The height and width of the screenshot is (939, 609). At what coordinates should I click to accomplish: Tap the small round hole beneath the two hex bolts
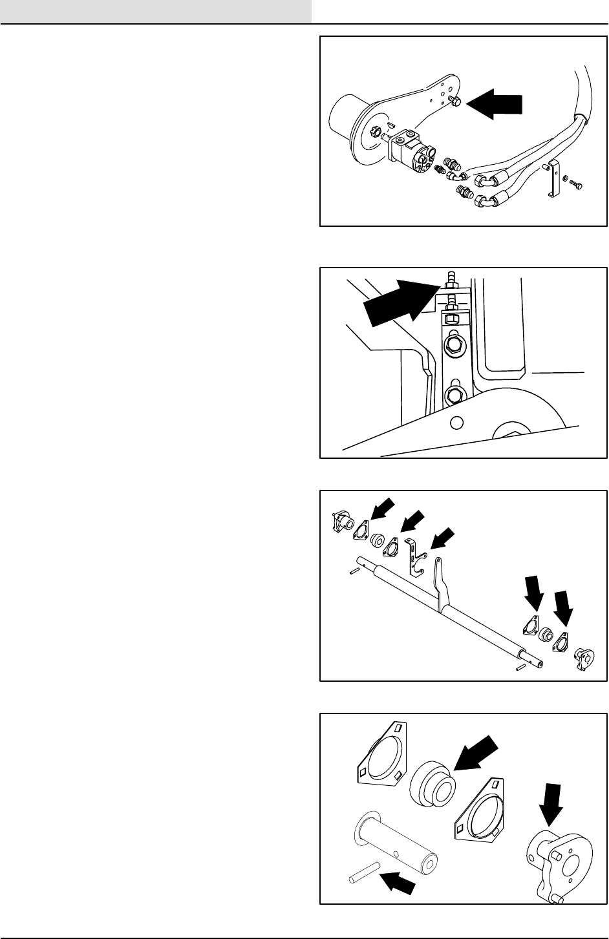[x=456, y=423]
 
